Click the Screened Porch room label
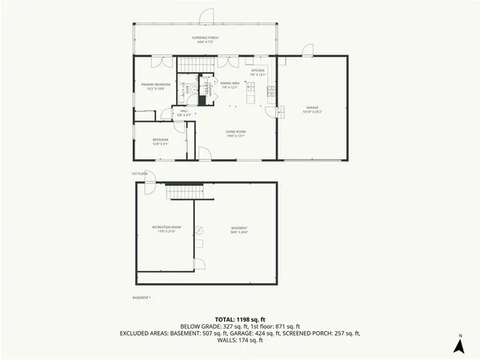point(205,38)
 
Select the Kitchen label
point(258,72)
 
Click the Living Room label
point(234,134)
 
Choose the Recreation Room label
point(166,228)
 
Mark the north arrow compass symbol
point(460,345)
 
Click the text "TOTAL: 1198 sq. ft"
point(240,318)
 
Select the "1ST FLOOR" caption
point(140,174)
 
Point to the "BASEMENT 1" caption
point(141,298)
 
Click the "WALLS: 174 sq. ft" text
point(240,340)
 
